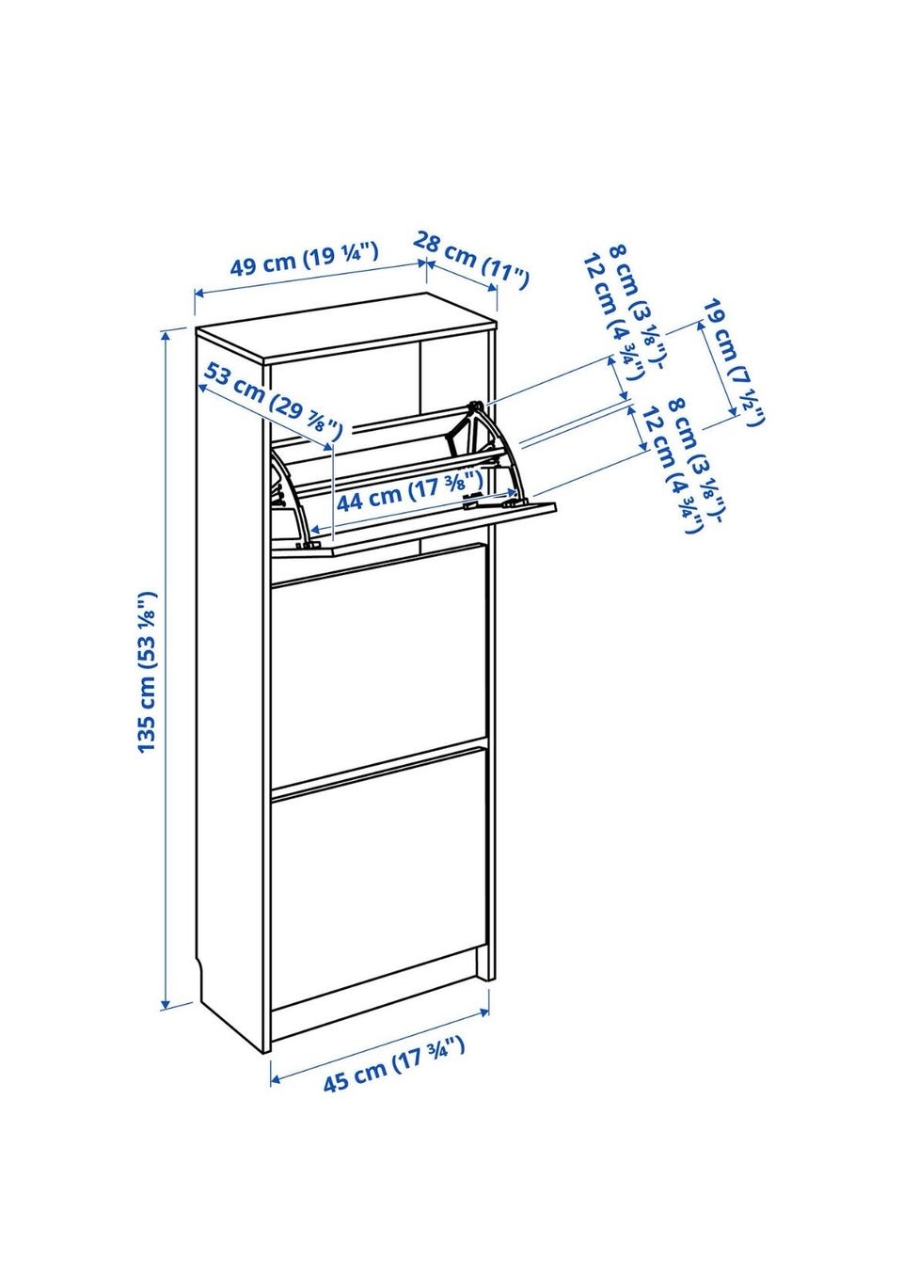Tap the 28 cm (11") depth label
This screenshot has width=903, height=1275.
pos(471,262)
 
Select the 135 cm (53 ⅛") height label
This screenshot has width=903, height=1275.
pos(145,673)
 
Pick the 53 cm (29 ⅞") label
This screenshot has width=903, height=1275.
pos(272,401)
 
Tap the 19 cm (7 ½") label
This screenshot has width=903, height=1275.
pos(733,362)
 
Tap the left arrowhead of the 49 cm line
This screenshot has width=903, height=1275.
pos(197,297)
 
